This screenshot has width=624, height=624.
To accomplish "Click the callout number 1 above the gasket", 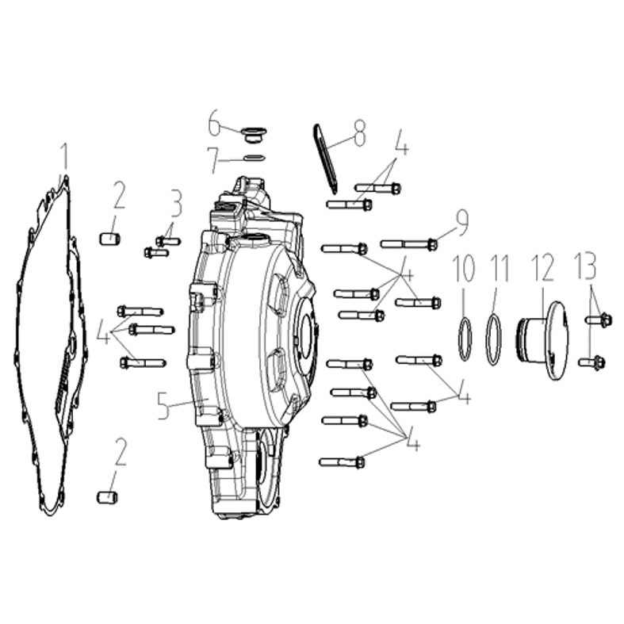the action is tap(63, 157).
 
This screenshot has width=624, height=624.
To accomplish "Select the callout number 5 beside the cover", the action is tap(164, 405).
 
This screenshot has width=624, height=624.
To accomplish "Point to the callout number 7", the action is tap(213, 160).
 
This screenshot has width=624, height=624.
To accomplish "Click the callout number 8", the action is tap(360, 133).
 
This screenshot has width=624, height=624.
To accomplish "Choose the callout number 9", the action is tap(462, 223).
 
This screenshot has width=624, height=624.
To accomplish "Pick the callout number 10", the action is tap(464, 269).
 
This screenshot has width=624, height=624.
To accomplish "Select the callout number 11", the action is tap(500, 269).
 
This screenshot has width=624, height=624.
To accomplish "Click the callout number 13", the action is tap(585, 266).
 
